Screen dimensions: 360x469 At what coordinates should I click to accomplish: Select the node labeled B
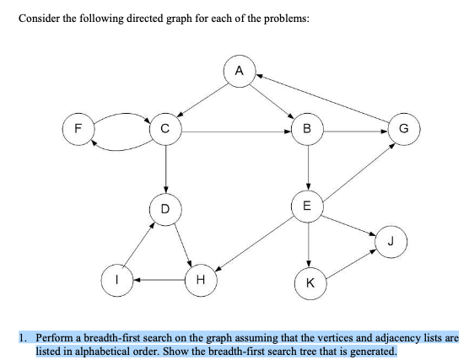tap(310, 131)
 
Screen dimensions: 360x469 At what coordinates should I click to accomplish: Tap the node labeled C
tap(166, 131)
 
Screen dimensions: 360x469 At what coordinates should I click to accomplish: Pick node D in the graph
tap(166, 207)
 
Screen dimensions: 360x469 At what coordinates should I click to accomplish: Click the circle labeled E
tap(308, 205)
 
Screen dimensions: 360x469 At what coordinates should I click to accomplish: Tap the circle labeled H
tap(200, 278)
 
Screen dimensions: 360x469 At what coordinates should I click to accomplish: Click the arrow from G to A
tap(324, 98)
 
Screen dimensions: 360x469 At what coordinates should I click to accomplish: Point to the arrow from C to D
tap(166, 169)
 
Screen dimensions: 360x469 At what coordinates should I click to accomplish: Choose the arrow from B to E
tap(310, 167)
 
